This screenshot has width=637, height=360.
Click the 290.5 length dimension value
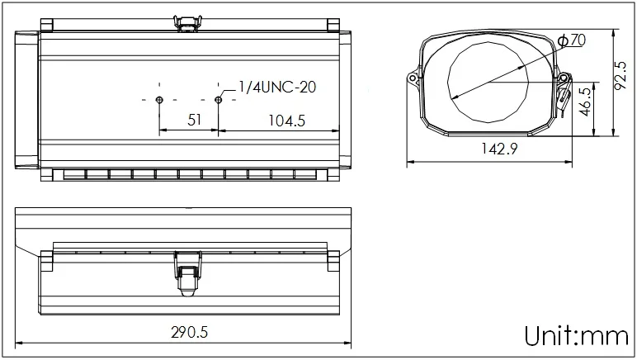(189, 333)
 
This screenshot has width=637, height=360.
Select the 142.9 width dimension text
(499, 149)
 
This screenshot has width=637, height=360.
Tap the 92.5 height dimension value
(620, 76)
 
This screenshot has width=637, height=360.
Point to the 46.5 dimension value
(585, 102)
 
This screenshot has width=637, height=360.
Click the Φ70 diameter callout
(572, 40)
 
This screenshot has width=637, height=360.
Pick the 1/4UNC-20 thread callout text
(277, 87)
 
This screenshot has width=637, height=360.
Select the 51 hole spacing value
(194, 120)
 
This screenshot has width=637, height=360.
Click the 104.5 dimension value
(287, 121)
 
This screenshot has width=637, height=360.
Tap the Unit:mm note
(577, 336)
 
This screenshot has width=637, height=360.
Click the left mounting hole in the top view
(159, 100)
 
